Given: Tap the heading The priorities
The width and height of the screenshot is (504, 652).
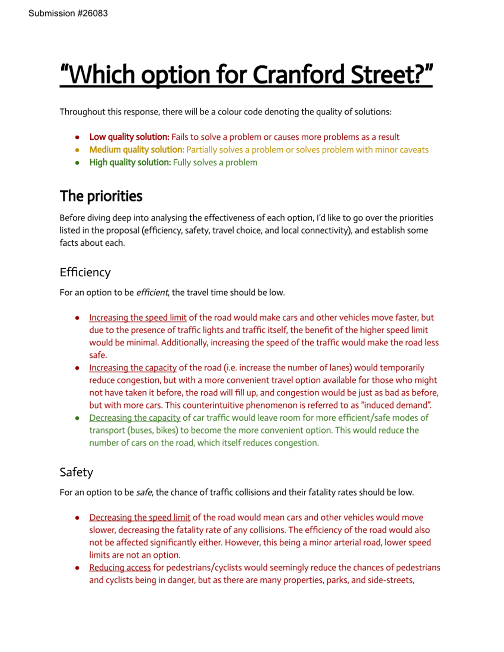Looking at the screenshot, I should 101,196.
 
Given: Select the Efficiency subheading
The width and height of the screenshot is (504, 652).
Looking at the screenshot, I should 85,272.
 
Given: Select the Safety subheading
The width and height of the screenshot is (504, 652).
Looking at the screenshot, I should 76,472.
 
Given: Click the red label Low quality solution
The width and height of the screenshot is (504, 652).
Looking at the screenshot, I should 129,137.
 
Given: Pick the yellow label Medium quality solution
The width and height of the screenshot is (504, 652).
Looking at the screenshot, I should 136,150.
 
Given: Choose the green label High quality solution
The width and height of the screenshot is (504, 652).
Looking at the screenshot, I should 130,162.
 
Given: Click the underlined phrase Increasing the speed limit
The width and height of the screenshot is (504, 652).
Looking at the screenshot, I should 137,318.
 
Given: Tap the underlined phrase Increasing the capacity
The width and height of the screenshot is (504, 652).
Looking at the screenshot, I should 132,368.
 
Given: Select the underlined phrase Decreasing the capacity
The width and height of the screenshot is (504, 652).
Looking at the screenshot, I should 134,418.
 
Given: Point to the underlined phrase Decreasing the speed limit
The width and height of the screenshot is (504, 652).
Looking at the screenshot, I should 139,518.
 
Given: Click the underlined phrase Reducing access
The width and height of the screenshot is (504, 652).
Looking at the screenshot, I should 120,567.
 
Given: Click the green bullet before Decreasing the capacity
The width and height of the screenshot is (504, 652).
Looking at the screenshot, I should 77,418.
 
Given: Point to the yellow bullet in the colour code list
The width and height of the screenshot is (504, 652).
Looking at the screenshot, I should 77,150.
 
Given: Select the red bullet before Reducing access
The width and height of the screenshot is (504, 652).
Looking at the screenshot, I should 77,568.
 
